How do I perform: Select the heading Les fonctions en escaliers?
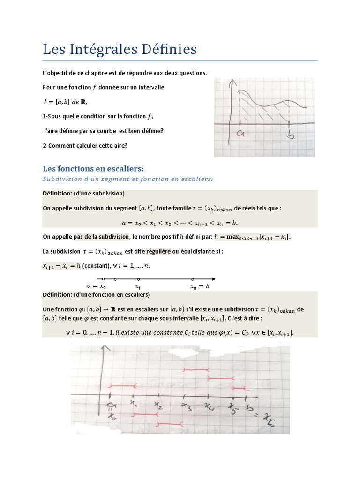[x=93, y=168]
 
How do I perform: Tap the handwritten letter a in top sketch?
[x=241, y=134]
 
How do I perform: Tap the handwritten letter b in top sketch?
[x=291, y=135]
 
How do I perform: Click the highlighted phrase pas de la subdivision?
[x=101, y=237]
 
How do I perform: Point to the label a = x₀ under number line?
[x=97, y=286]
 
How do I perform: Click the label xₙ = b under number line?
[x=200, y=286]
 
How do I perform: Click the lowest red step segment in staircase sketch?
[x=170, y=424]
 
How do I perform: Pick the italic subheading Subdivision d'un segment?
[x=127, y=179]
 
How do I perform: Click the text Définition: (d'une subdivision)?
[x=83, y=193]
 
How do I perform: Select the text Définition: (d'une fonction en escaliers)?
[x=96, y=294]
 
